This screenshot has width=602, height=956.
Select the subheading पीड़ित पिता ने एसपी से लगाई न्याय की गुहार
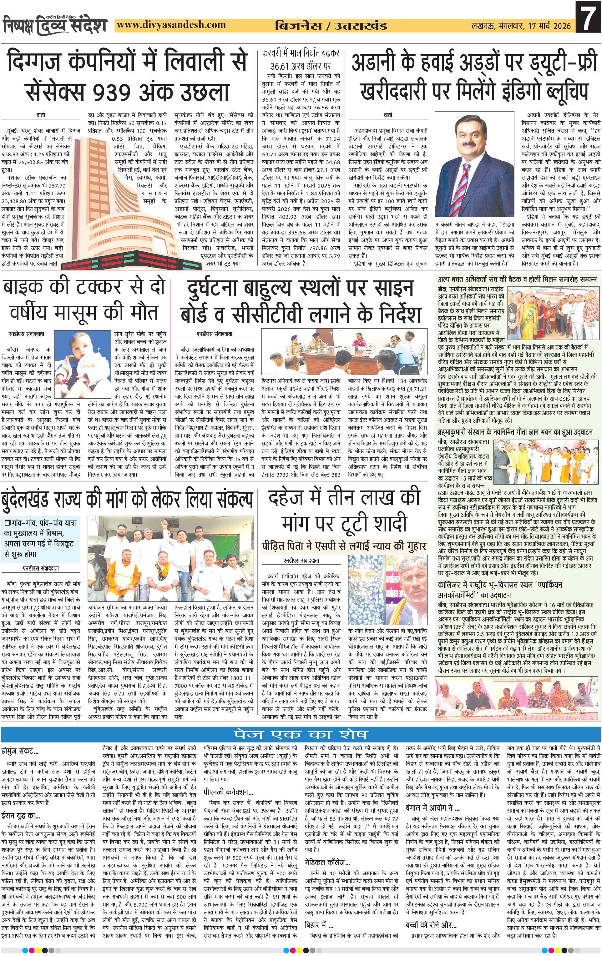[x=343, y=546]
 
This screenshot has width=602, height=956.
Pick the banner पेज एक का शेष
[x=301, y=734]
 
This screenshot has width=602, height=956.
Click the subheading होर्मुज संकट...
[x=20, y=752]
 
